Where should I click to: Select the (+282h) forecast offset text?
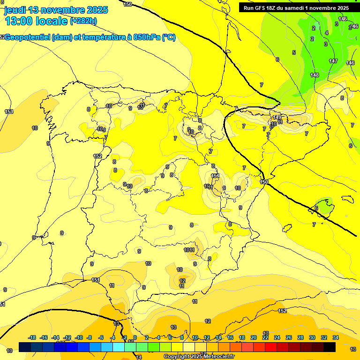click(83, 21)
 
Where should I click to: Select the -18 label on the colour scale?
click(32, 337)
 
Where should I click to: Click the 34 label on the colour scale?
click(336, 337)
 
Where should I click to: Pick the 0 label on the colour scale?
click(135, 337)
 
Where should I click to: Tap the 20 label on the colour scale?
click(254, 337)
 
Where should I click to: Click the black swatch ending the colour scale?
click(330, 347)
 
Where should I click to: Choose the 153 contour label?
click(9, 112)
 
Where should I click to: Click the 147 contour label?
click(333, 61)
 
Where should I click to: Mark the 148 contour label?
click(315, 75)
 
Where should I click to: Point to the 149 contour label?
click(277, 117)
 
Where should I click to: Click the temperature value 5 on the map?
click(294, 52)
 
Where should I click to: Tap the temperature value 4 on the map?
click(327, 33)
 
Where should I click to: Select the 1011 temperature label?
click(189, 250)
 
